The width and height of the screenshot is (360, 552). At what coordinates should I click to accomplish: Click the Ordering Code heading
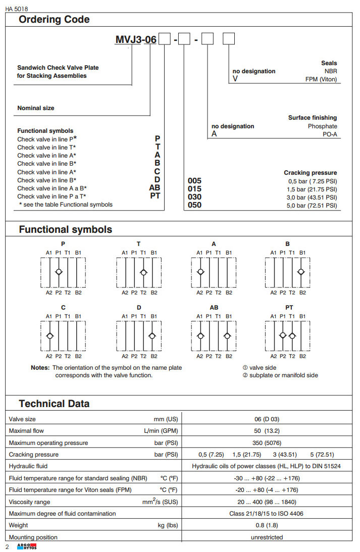(54, 20)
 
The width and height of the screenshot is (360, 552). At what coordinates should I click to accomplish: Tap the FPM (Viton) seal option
(321, 79)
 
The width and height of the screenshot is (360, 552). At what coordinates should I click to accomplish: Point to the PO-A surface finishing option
(330, 134)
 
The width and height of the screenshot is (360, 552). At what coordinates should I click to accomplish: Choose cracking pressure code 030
(194, 197)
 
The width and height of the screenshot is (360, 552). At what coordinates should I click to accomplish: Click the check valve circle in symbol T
(144, 272)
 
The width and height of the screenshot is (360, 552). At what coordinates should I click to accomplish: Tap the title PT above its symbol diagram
(289, 307)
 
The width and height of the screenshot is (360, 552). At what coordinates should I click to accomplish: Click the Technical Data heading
(54, 404)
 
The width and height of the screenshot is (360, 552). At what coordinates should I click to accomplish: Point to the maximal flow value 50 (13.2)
(267, 431)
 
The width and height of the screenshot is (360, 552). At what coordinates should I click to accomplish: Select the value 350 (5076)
(267, 443)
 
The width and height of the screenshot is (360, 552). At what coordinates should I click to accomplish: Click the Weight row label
(19, 525)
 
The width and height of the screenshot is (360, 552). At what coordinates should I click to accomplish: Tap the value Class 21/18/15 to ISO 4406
(267, 514)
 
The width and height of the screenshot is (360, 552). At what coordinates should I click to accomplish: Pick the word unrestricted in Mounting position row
(267, 537)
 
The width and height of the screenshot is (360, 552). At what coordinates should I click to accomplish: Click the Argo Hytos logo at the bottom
(27, 547)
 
